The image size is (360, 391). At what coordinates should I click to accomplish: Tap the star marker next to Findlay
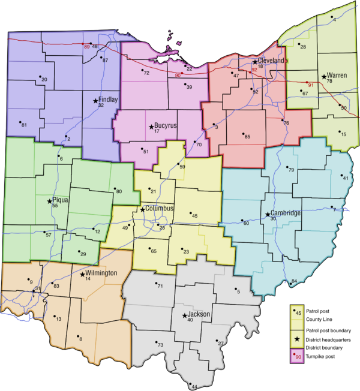[95, 101]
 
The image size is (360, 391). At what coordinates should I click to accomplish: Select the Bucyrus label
[165, 126]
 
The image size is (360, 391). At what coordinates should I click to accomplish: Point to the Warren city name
[337, 76]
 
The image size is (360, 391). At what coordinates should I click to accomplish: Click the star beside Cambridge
[268, 214]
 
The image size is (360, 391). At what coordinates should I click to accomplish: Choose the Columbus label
[160, 208]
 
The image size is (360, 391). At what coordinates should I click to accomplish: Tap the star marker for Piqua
[51, 201]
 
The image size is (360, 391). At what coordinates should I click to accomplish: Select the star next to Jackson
[184, 315]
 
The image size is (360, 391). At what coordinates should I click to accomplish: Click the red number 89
[86, 47]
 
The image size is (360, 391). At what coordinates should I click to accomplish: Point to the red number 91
[311, 85]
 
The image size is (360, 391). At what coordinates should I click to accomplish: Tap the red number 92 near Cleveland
[254, 70]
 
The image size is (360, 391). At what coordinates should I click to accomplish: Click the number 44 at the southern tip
[194, 386]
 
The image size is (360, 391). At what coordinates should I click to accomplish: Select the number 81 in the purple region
[24, 125]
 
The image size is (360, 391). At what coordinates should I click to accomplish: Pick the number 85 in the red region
[247, 137]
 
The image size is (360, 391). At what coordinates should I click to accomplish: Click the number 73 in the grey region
[160, 345]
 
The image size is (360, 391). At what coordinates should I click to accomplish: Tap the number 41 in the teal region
[345, 178]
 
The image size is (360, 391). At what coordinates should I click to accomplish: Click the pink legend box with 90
[296, 357]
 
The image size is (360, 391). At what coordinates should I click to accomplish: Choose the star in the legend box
[296, 339]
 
